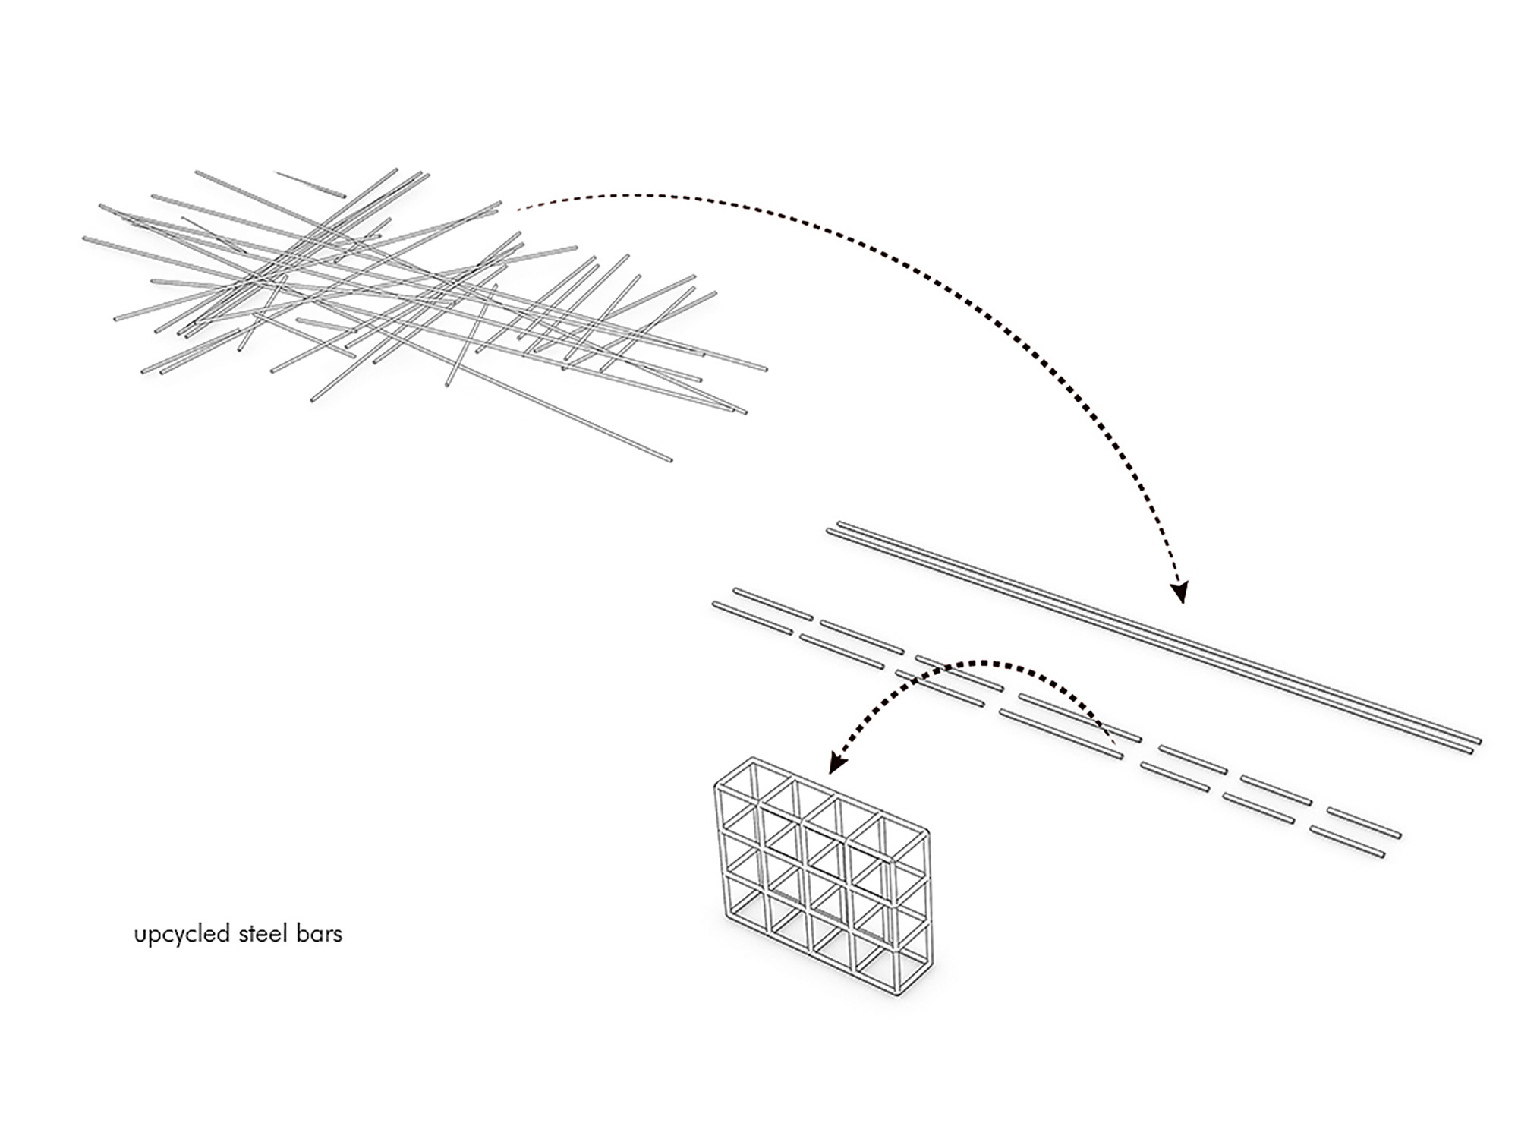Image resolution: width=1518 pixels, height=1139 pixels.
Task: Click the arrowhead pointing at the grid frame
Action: click(x=837, y=762)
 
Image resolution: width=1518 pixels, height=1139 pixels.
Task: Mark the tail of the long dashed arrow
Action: click(x=518, y=208)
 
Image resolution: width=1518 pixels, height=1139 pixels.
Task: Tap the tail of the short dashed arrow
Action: click(x=1113, y=740)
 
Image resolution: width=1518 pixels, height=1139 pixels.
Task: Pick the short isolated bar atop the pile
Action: click(x=310, y=185)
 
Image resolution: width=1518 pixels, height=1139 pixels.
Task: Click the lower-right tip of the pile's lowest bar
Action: click(x=669, y=459)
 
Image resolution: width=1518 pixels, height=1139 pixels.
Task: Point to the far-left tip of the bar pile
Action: click(x=85, y=239)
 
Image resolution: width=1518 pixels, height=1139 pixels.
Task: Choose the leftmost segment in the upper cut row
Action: click(x=773, y=603)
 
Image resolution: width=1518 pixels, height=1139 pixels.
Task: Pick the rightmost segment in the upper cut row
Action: click(x=1363, y=823)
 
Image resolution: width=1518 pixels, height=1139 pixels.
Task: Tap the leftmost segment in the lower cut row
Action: click(x=752, y=618)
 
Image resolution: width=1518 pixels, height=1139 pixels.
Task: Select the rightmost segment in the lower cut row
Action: click(x=1347, y=842)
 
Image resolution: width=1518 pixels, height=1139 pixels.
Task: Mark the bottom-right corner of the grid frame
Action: click(x=900, y=991)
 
